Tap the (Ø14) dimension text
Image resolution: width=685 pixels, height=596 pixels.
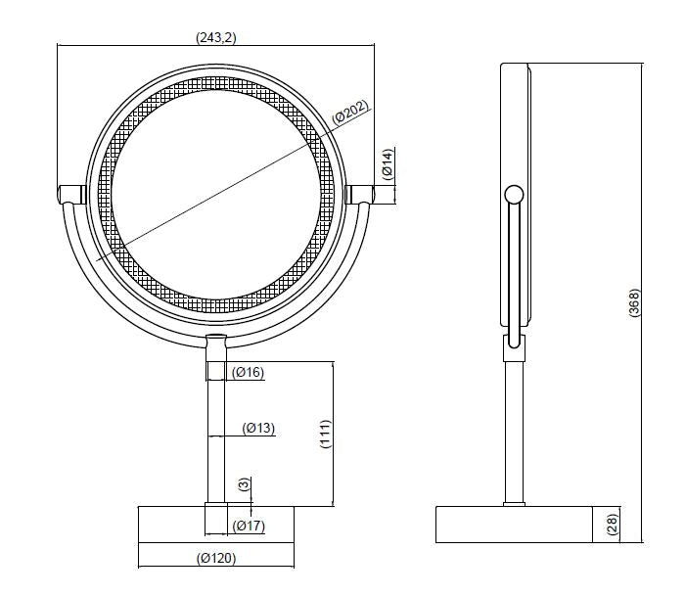click(x=388, y=163)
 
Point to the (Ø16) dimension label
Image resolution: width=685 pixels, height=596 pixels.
click(x=249, y=372)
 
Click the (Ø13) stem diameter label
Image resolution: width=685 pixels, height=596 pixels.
click(x=258, y=428)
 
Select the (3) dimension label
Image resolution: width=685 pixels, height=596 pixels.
click(x=244, y=483)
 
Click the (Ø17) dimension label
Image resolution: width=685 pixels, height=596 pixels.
click(x=250, y=527)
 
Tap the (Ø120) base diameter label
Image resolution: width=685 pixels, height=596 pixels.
click(x=216, y=559)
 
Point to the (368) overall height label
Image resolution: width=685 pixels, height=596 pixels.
click(x=634, y=302)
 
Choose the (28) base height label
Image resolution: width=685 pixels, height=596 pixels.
click(x=613, y=524)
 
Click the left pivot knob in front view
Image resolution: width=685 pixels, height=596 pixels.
click(x=71, y=193)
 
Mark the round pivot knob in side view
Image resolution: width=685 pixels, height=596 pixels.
click(x=513, y=194)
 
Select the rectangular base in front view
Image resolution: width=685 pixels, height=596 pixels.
click(x=216, y=524)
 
